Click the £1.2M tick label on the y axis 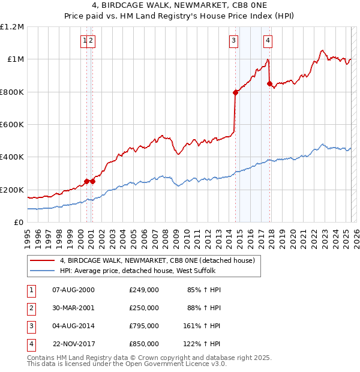point(12,27)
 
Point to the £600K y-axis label point(12,125)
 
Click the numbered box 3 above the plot point(233,41)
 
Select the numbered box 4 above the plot point(268,41)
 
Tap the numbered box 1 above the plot point(85,41)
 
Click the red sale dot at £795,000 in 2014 point(235,93)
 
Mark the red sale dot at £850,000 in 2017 point(270,83)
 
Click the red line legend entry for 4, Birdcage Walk point(158,260)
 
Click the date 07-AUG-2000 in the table point(73,290)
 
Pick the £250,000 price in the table point(144,308)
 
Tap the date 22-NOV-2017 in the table point(73,344)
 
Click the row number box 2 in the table point(31,308)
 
